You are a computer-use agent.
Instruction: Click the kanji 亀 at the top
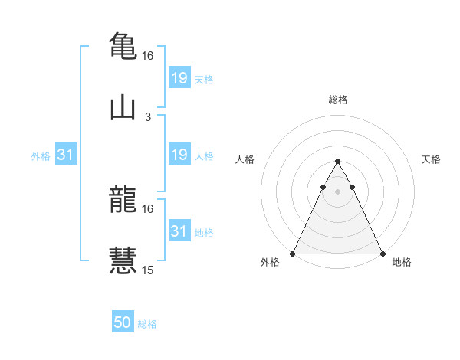(x=123, y=45)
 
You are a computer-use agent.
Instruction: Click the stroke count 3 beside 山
(x=148, y=117)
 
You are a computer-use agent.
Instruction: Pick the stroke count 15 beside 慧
(x=148, y=270)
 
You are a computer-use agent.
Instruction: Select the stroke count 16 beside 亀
(x=148, y=56)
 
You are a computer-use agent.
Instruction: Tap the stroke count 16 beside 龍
(x=148, y=208)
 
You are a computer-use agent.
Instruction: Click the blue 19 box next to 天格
(x=179, y=77)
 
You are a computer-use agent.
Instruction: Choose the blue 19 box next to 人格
(x=179, y=155)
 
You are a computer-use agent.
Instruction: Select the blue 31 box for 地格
(x=179, y=231)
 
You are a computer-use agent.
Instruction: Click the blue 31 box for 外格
(x=66, y=155)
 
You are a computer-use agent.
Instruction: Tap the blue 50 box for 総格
(x=123, y=322)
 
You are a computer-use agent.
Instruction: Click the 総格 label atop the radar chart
(x=338, y=100)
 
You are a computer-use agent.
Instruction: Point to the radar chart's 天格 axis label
(x=432, y=159)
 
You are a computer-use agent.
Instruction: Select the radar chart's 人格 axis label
(x=245, y=159)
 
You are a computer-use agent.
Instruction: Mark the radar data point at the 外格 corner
(x=293, y=254)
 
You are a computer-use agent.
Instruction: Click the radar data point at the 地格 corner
(x=383, y=254)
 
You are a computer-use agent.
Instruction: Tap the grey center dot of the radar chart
(x=337, y=191)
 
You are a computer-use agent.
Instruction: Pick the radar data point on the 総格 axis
(x=337, y=162)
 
